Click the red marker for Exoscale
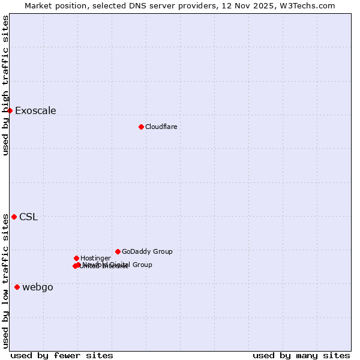coord(10,110)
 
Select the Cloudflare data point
coord(141,127)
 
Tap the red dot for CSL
coord(14,217)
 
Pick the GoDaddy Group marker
coord(118,251)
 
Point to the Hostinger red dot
coord(76,258)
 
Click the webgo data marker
coord(17,287)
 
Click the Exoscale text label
coord(35,110)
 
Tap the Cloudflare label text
coord(161,127)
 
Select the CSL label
coord(28,217)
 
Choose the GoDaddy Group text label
coord(147,251)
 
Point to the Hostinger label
coord(95,258)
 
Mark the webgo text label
coord(38,287)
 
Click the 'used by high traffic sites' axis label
coord(6,85)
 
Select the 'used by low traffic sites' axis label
coord(6,281)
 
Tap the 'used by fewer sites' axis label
coord(62,355)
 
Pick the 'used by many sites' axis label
coord(301,355)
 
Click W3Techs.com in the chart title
coord(310,5)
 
